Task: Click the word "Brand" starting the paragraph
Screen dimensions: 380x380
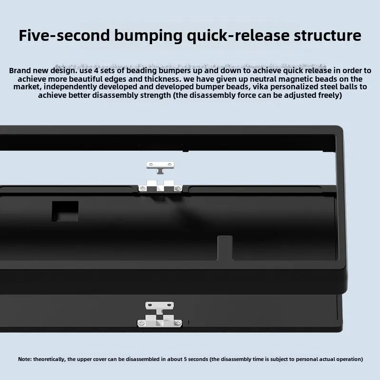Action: [20, 70]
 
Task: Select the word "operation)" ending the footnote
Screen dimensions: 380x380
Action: [349, 359]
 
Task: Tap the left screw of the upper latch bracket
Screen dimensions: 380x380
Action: [142, 188]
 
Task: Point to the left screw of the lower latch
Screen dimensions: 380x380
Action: [142, 323]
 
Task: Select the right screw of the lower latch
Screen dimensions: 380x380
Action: [178, 323]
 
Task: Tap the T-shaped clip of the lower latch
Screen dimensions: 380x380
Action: [160, 304]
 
